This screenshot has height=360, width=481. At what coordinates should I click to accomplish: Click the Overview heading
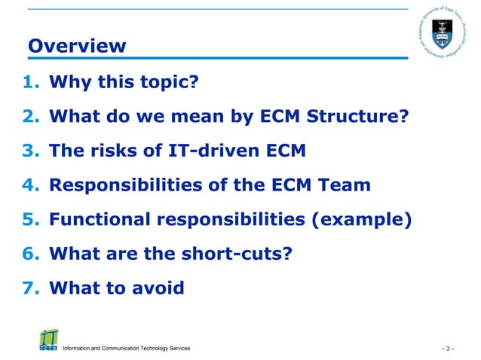77,46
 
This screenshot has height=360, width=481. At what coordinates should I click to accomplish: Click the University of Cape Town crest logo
442,34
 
